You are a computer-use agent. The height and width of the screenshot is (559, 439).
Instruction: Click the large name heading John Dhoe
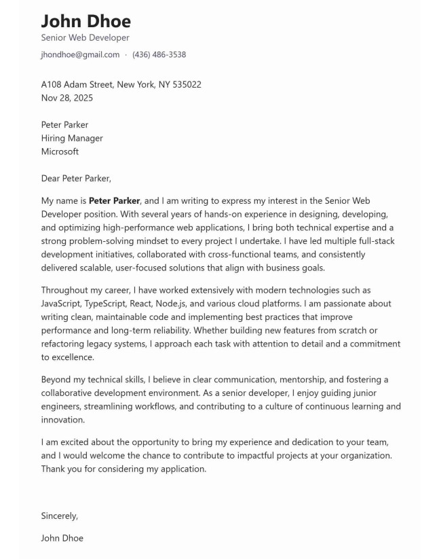86,20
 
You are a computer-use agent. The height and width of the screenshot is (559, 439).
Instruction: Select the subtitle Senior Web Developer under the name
85,38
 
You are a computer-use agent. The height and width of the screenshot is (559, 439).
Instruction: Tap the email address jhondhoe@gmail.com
80,54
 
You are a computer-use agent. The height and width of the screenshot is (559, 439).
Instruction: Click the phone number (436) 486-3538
159,54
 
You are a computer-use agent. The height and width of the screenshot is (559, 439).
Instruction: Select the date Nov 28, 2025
67,98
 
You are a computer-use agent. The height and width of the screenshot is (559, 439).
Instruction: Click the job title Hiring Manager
72,138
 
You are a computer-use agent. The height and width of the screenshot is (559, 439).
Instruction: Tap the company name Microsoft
60,151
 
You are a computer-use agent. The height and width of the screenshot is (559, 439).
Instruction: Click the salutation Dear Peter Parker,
76,179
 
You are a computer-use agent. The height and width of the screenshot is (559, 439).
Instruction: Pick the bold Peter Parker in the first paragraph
114,201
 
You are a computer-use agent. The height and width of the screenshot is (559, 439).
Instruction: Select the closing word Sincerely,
60,516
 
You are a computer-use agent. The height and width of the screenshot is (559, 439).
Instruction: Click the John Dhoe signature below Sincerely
62,538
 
